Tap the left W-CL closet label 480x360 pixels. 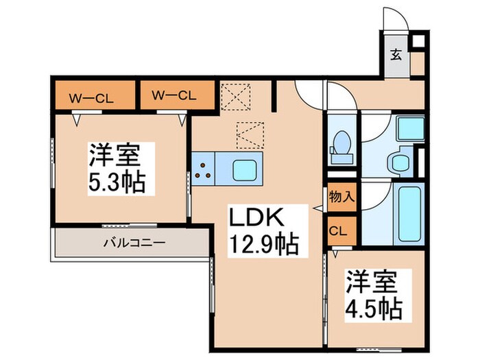tap(91, 95)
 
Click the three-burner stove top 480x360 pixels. tap(203, 169)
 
